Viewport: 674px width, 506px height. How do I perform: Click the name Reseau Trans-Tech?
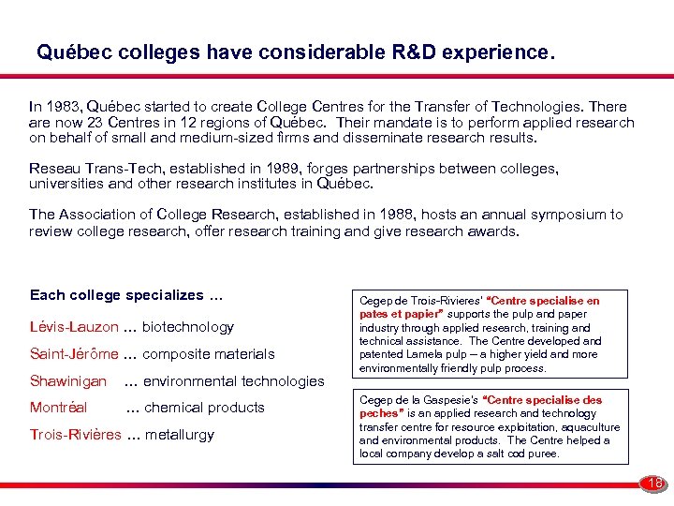point(87,169)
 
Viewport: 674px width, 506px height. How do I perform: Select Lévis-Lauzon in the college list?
point(74,327)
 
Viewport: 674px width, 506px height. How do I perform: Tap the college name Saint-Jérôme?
point(74,354)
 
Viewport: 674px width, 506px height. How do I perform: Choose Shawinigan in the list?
point(68,381)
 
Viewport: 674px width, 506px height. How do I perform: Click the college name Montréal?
point(58,408)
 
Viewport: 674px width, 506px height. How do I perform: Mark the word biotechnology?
point(188,327)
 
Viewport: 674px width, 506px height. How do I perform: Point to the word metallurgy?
point(180,435)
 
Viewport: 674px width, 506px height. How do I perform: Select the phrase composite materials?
point(209,354)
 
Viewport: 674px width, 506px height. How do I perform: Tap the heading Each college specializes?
point(126,295)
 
